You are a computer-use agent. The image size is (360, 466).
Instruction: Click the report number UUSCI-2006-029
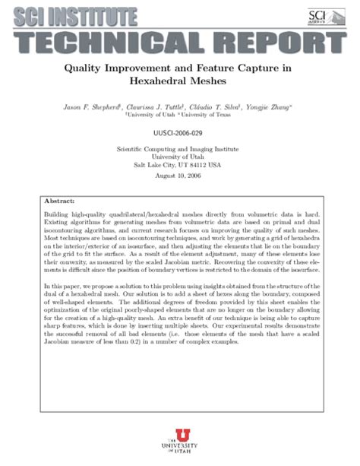click(179, 132)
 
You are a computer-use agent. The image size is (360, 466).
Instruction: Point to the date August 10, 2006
click(179, 176)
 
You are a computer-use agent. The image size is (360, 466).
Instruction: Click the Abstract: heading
click(60, 202)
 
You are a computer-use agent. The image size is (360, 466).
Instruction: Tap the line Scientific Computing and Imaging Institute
click(179, 149)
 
